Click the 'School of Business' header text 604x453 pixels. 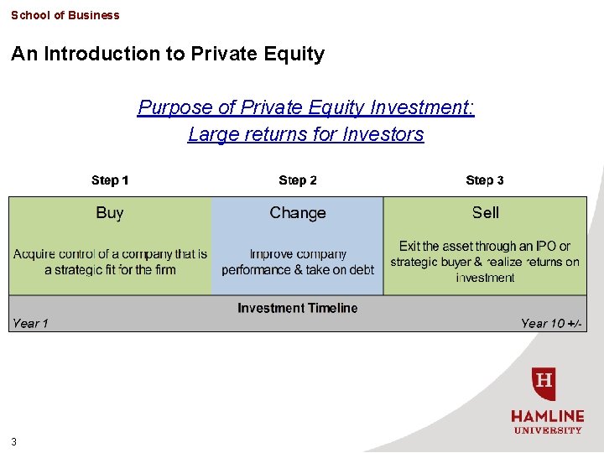65,15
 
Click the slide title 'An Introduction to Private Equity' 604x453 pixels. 168,55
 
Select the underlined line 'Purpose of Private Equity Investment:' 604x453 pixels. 306,107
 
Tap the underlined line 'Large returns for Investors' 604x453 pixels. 306,134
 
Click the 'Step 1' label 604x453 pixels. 110,180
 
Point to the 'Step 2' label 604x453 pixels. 298,180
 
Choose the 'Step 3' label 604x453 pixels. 485,180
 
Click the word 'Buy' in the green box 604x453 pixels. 110,213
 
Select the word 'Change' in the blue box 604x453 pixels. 298,213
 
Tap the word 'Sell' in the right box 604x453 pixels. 485,213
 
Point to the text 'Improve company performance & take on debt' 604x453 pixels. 298,262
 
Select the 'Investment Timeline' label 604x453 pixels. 298,308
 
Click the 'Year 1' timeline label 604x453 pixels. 30,324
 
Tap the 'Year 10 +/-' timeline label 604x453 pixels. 551,324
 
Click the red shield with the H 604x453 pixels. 544,384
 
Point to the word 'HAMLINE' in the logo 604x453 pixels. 548,416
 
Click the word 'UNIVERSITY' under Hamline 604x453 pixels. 548,430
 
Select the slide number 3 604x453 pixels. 14,442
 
